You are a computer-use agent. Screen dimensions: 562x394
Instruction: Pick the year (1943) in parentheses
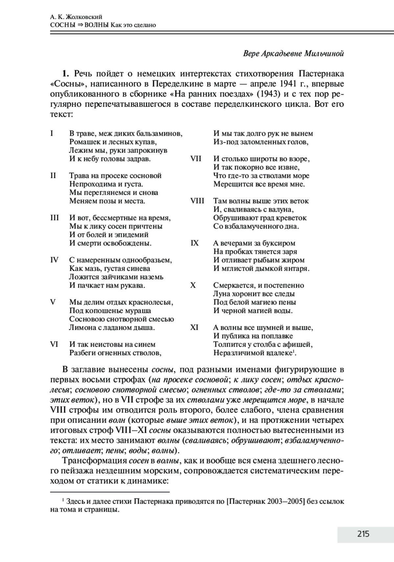268,94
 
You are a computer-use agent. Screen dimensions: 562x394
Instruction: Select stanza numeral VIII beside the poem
197,201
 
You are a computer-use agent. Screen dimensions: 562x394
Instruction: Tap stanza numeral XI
194,328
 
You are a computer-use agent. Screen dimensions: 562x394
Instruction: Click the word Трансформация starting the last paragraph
95,460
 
